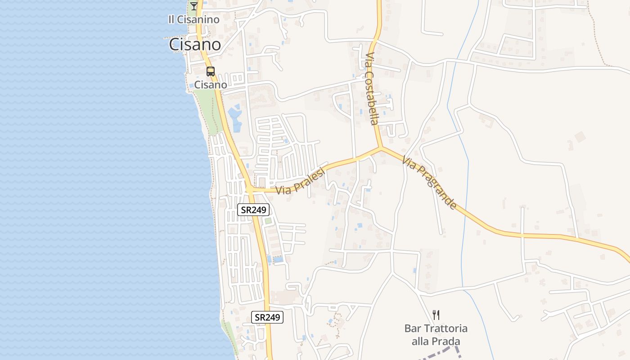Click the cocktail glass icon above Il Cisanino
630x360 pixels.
tap(194, 6)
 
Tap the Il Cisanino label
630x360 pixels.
tap(193, 19)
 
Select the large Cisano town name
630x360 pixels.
tap(195, 45)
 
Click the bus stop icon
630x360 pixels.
tap(210, 71)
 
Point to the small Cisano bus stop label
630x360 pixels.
tap(211, 84)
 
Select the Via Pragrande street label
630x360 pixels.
tap(430, 182)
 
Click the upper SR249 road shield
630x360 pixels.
tap(253, 209)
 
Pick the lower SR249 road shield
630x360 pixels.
tap(267, 317)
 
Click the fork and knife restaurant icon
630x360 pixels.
tap(436, 315)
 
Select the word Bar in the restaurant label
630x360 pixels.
tap(412, 328)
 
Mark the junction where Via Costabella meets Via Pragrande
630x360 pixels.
tap(381, 148)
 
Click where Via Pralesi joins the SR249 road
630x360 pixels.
tap(249, 189)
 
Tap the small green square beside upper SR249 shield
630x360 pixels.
tap(268, 221)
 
